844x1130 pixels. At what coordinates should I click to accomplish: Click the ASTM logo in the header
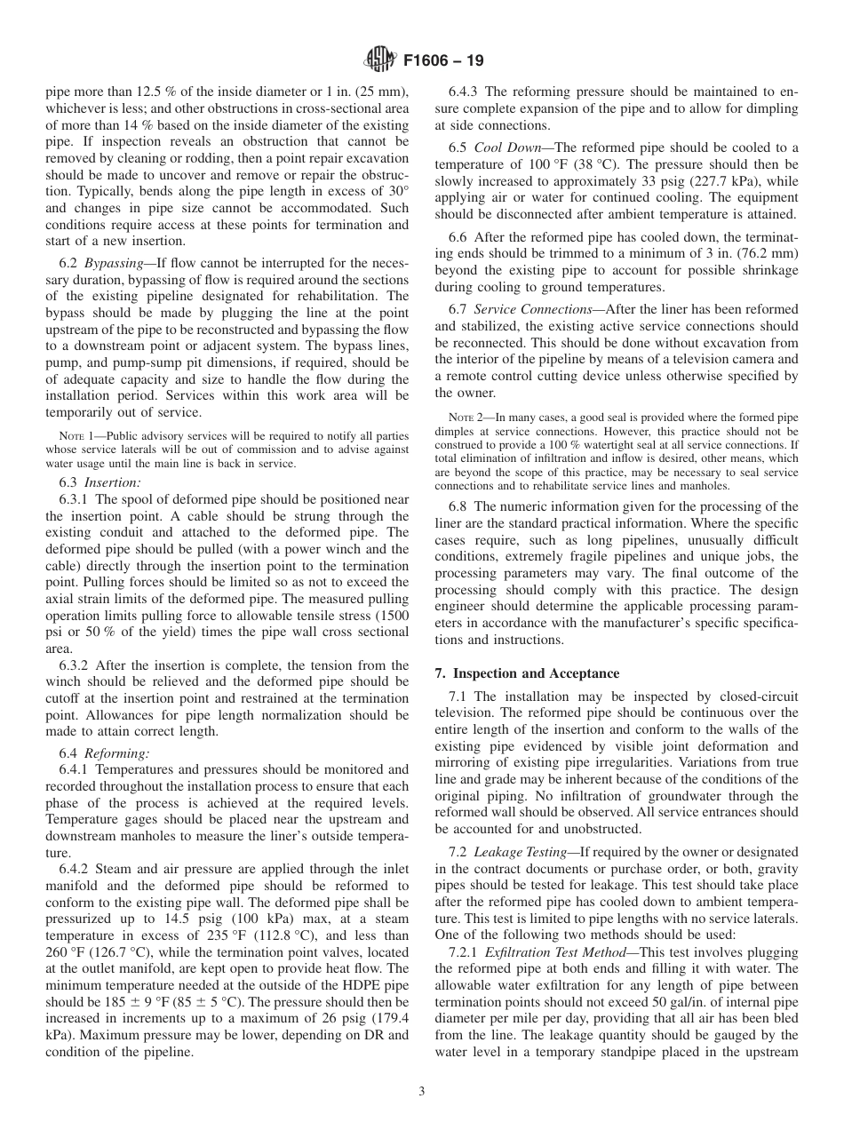pyautogui.click(x=379, y=61)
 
